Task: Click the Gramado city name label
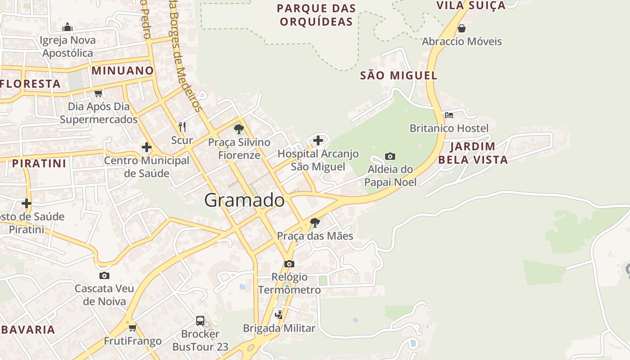[x=244, y=200]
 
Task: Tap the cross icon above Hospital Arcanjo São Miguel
[x=318, y=140]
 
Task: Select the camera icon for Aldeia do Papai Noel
[x=390, y=157]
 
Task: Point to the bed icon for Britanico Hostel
[x=449, y=115]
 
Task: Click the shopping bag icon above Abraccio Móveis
[x=462, y=29]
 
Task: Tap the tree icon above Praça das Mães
[x=315, y=222]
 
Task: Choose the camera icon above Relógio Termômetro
[x=289, y=264]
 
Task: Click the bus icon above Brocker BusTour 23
[x=200, y=321]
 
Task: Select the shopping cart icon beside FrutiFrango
[x=132, y=328]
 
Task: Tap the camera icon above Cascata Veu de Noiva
[x=104, y=275]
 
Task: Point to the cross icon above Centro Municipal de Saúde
[x=146, y=147]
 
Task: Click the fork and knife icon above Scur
[x=182, y=126]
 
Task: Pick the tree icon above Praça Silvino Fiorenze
[x=239, y=130]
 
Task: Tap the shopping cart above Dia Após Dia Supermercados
[x=99, y=93]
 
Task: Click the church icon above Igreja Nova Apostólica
[x=67, y=27]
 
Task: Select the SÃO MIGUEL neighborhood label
[x=399, y=76]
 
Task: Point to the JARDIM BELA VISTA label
[x=472, y=153]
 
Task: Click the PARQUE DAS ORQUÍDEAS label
[x=316, y=15]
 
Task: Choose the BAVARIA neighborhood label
[x=28, y=329]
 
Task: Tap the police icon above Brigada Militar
[x=279, y=315]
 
